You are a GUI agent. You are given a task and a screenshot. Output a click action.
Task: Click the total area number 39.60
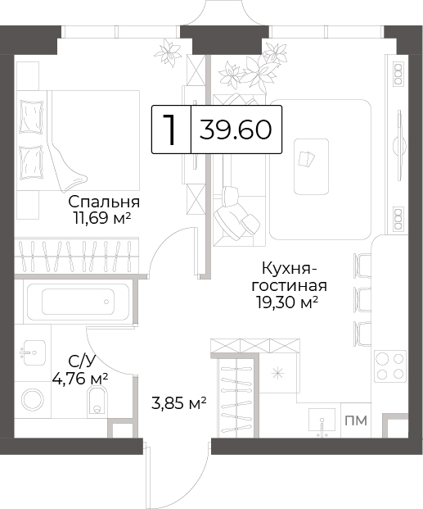[x=236, y=130]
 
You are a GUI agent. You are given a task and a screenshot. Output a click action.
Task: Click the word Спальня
[x=104, y=202]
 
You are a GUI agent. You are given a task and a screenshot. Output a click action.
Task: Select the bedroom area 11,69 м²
[x=102, y=219]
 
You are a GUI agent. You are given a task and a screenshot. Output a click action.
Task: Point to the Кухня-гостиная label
[x=290, y=278]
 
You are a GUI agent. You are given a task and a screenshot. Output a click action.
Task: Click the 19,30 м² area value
[x=286, y=302]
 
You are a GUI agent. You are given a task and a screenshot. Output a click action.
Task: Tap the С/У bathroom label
[x=83, y=361]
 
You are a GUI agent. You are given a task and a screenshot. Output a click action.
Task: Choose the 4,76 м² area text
[x=80, y=378]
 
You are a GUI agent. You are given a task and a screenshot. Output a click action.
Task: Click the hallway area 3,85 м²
[x=179, y=403]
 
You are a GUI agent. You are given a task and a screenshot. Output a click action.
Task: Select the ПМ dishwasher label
[x=356, y=420]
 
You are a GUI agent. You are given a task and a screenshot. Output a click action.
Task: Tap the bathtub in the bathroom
[x=78, y=302]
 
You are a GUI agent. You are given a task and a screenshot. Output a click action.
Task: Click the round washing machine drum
[x=33, y=400]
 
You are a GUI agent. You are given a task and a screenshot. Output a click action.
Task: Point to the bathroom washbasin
[x=33, y=352]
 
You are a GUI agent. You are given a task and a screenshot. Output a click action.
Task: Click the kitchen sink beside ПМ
[x=322, y=421]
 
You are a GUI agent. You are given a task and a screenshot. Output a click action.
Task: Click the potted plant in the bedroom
[x=168, y=53]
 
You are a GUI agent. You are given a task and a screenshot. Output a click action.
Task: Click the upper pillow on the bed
[x=31, y=116]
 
